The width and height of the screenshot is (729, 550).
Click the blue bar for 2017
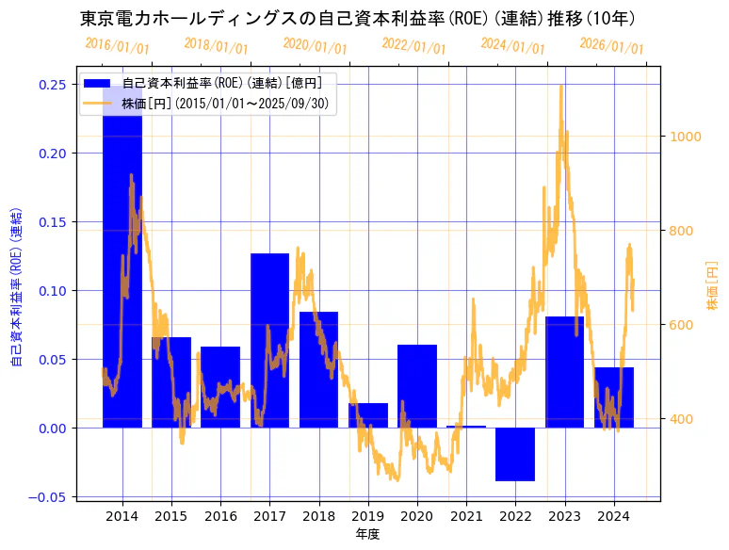click(269, 340)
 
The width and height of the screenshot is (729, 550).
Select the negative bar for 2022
click(515, 454)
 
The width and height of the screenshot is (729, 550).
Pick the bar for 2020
click(417, 386)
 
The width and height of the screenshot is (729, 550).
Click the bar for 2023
click(564, 372)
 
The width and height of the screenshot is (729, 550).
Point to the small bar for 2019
click(368, 415)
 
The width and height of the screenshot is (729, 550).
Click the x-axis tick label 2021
click(466, 516)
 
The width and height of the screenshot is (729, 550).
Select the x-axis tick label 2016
click(220, 516)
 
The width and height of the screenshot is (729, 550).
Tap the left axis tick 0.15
click(52, 222)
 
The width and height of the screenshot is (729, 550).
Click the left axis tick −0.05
click(48, 496)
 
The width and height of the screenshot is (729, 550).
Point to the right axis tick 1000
click(686, 137)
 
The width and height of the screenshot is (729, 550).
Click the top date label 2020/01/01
click(315, 45)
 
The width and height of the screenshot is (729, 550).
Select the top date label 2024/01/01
click(512, 45)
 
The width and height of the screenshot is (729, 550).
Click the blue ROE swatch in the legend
click(98, 84)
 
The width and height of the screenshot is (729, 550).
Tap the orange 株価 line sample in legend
click(98, 104)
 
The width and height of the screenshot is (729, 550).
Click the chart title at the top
click(358, 19)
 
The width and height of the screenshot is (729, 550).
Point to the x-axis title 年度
click(367, 534)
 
